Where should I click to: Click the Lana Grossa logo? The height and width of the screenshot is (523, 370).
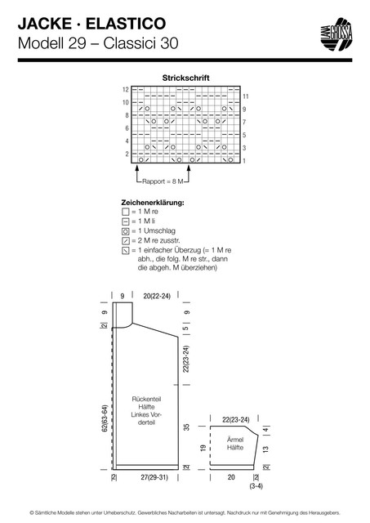(337, 34)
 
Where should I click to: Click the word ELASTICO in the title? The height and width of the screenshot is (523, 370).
(126, 24)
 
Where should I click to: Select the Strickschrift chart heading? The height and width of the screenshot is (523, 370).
(185, 78)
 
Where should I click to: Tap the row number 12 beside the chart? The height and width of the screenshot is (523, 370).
(125, 89)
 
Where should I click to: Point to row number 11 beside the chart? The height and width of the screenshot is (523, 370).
(246, 96)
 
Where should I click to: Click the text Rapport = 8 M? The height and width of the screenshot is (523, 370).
(163, 181)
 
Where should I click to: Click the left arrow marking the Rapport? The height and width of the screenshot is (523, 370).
(136, 173)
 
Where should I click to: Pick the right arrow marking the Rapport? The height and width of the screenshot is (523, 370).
(189, 173)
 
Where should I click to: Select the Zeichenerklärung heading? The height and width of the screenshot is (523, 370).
(153, 203)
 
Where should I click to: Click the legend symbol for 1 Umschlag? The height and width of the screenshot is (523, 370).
(125, 231)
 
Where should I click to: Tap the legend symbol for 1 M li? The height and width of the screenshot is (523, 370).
(125, 221)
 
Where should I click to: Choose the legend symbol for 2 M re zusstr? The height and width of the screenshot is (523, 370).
(125, 241)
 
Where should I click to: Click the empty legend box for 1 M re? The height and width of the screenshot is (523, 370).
(125, 212)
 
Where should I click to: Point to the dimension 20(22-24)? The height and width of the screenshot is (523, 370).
(157, 296)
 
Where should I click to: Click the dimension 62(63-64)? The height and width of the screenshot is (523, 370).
(105, 419)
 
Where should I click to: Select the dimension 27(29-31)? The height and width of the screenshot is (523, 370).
(154, 477)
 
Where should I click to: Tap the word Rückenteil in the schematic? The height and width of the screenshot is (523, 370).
(147, 399)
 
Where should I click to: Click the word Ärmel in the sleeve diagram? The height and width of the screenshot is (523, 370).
(235, 440)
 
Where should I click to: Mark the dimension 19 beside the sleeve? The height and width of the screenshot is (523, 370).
(203, 448)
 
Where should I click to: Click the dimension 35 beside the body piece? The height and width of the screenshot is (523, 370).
(187, 427)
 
